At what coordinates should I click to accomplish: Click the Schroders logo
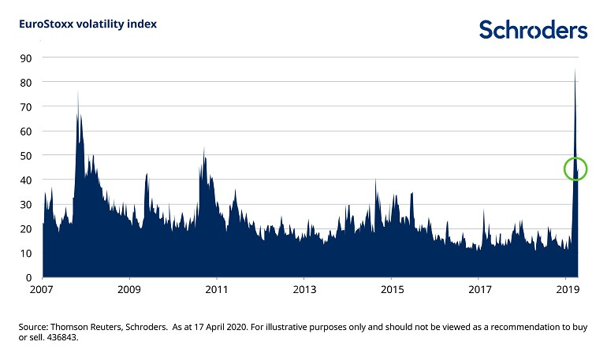click(533, 30)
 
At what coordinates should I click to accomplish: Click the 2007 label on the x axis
click(43, 291)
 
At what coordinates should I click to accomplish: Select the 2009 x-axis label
click(129, 291)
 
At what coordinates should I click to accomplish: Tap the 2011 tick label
click(217, 291)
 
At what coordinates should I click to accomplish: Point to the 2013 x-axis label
click(304, 291)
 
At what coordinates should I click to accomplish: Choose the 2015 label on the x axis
click(392, 291)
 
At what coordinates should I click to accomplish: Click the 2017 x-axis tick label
click(479, 291)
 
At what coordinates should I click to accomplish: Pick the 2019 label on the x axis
click(566, 291)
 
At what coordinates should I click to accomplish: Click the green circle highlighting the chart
click(576, 169)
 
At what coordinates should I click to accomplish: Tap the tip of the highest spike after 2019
click(575, 69)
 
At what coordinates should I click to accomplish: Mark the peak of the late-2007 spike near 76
click(77, 91)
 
